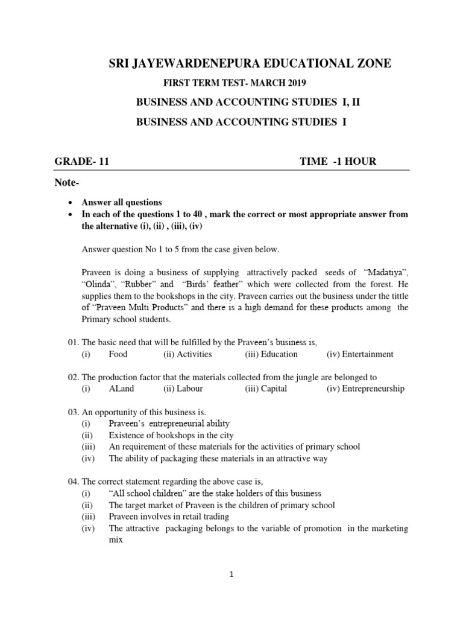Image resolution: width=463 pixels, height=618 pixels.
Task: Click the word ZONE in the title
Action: tap(368, 63)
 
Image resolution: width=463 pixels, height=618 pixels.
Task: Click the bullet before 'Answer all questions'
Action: tap(72, 203)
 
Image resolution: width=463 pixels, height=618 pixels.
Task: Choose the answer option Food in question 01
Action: tap(118, 354)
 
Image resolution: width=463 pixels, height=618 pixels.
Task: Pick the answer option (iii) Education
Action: tap(271, 354)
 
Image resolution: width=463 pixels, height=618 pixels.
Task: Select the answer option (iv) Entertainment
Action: tap(360, 354)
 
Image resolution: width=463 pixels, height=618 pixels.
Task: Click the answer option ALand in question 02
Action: tap(122, 389)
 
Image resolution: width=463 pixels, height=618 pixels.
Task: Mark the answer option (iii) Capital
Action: tap(266, 389)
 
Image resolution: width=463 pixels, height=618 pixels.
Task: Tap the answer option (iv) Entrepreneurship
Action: tap(365, 389)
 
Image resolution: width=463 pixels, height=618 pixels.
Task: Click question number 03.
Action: tap(73, 412)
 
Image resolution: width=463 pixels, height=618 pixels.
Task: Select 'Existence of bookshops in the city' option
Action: tap(171, 435)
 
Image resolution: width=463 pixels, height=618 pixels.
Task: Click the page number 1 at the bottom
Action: tap(231, 575)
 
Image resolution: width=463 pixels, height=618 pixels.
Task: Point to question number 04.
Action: tap(73, 482)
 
